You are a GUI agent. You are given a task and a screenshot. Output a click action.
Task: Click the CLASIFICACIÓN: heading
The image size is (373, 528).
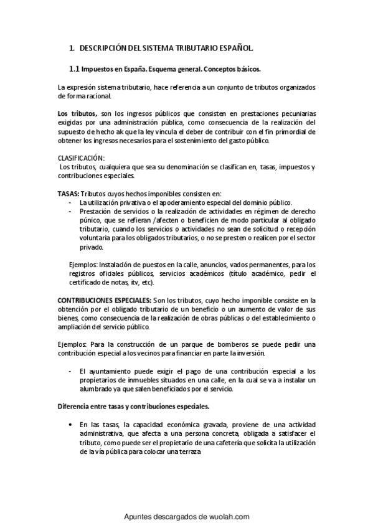tap(81, 158)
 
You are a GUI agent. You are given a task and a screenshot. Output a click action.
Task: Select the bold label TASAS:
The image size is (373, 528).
tap(68, 193)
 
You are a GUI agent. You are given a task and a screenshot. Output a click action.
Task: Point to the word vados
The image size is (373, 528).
tap(233, 264)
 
